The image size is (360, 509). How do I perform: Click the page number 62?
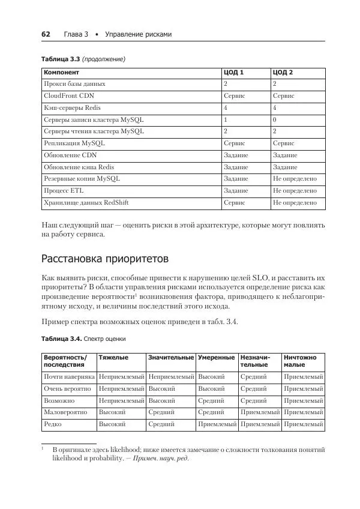coord(46,34)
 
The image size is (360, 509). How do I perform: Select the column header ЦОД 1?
coord(233,73)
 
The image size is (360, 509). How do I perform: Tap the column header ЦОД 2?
coord(283,73)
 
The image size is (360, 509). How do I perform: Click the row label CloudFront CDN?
coord(69,95)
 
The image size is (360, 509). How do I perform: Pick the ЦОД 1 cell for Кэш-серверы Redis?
coord(226,107)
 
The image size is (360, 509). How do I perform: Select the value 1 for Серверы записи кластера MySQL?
coord(226,119)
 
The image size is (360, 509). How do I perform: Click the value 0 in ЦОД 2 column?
coord(274,119)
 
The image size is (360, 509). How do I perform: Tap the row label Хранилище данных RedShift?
coord(86,203)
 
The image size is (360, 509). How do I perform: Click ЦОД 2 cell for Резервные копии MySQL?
coord(295,179)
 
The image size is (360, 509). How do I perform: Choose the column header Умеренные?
coord(216,358)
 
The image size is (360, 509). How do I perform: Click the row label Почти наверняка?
coord(69,377)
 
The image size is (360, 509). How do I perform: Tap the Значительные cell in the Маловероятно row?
coord(161,412)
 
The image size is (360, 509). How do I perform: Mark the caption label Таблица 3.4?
coord(60,339)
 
